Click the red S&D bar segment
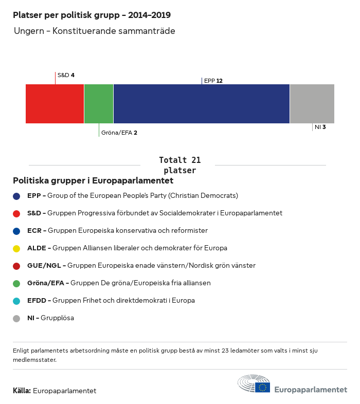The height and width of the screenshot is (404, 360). click(x=55, y=104)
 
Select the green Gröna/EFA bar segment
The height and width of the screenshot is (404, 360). click(x=98, y=104)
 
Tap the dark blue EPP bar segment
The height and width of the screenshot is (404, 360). click(x=201, y=104)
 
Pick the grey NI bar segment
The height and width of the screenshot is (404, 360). click(x=312, y=104)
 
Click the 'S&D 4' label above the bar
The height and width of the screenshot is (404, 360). click(x=66, y=75)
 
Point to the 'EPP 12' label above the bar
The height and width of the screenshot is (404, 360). click(x=213, y=81)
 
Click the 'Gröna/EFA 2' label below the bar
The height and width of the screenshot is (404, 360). click(x=119, y=133)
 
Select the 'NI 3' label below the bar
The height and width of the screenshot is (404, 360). click(x=320, y=126)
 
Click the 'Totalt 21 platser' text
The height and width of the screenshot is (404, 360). click(x=179, y=165)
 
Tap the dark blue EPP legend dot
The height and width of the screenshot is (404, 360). click(x=16, y=196)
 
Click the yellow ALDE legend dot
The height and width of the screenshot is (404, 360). click(x=16, y=248)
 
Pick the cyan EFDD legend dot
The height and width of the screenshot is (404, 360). click(x=16, y=301)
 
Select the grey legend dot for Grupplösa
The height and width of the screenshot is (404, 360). click(x=16, y=318)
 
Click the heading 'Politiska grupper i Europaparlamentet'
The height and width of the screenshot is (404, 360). click(x=93, y=181)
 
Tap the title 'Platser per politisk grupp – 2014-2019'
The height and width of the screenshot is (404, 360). click(x=92, y=15)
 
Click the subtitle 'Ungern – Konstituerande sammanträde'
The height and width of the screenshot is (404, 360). click(x=94, y=31)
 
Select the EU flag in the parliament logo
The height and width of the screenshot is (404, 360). click(x=263, y=387)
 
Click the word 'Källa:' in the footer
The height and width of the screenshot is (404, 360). click(x=22, y=391)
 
